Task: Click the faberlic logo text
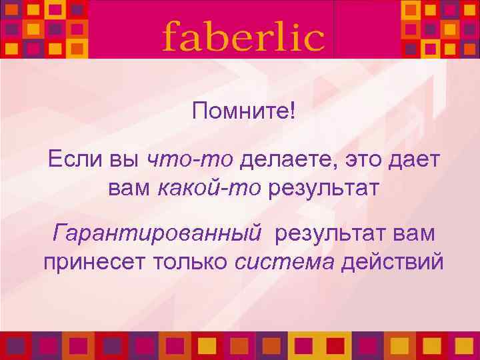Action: pos(243,37)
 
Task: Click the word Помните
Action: pos(239,111)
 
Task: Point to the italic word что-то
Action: pos(189,161)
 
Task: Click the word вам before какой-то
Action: pos(129,188)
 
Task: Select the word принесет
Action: pos(95,262)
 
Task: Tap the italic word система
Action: pos(285,262)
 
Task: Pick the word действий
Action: pos(391,262)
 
